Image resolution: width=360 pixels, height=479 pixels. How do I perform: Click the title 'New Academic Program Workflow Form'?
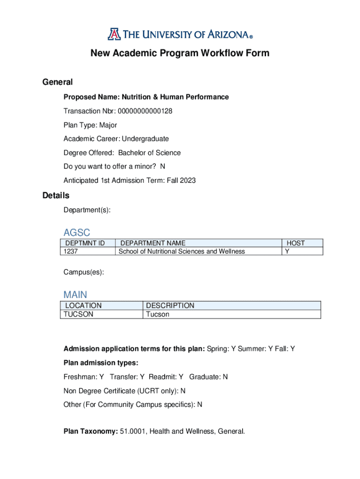(180, 53)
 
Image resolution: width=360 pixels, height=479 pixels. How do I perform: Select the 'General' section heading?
(58, 82)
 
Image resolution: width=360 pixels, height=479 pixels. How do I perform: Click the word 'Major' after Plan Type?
(108, 125)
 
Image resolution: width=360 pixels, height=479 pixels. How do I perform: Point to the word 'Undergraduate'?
(145, 139)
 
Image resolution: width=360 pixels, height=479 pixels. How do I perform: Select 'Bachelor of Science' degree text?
(149, 153)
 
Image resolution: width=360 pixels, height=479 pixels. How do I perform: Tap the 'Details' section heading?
(56, 196)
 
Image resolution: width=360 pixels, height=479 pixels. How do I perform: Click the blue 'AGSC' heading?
(77, 232)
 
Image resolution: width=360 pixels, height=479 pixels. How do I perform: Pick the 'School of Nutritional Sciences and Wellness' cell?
(182, 252)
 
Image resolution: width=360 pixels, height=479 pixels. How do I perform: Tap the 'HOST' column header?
(295, 243)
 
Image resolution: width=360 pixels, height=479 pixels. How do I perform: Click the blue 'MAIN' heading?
(75, 295)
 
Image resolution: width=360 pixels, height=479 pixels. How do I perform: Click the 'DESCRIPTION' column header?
(170, 305)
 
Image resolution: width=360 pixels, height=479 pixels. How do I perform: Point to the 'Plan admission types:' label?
(101, 363)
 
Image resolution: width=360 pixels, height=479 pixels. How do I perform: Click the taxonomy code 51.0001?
(132, 431)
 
